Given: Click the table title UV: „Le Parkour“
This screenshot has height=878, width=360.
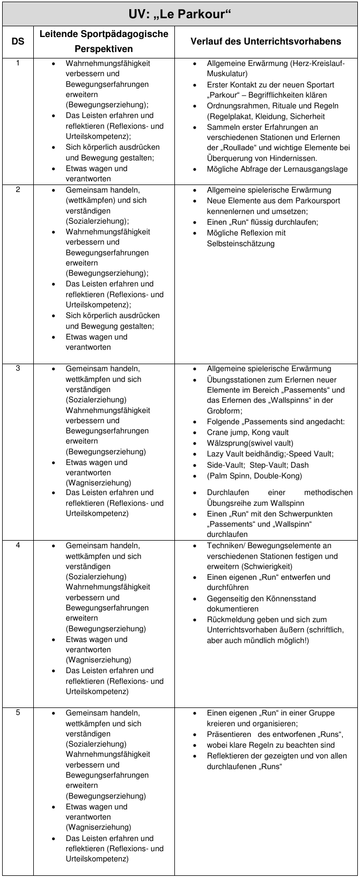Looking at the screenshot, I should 180,13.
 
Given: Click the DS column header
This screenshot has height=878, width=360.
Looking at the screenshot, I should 18,41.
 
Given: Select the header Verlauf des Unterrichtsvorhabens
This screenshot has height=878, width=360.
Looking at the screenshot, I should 266,41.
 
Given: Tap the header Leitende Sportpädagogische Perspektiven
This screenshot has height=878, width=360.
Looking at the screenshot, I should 104,41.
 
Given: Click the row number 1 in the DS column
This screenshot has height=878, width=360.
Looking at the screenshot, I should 18,63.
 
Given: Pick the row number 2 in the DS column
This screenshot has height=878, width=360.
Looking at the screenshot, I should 18,190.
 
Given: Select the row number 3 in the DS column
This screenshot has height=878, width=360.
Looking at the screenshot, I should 18,368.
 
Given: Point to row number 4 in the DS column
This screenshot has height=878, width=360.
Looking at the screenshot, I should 18,545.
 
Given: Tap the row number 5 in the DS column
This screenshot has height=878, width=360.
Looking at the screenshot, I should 18,713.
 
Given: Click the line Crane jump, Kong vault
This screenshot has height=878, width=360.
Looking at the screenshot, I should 247,432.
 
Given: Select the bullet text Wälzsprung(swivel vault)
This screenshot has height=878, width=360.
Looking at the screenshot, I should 249,443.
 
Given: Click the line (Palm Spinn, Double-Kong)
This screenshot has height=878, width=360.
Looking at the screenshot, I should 254,476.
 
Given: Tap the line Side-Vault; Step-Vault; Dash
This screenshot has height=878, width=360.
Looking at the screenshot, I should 258,465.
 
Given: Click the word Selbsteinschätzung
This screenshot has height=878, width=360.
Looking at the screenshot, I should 240,244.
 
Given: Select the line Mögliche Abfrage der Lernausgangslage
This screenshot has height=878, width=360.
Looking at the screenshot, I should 277,169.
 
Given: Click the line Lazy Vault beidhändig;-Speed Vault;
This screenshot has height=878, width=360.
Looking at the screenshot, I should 270,454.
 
